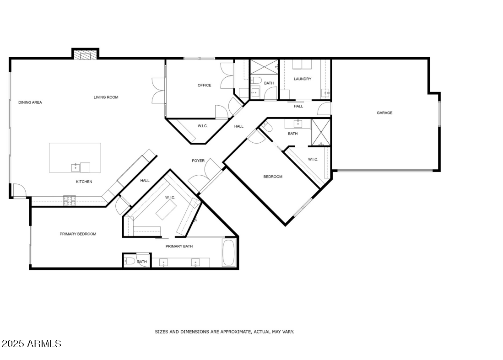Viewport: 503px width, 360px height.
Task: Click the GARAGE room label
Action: pyautogui.click(x=384, y=113)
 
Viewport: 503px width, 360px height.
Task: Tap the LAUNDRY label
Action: pyautogui.click(x=303, y=79)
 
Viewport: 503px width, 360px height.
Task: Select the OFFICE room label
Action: pyautogui.click(x=204, y=86)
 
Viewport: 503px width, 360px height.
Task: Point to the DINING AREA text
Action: pyautogui.click(x=30, y=102)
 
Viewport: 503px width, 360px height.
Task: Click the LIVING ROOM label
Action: pyautogui.click(x=106, y=97)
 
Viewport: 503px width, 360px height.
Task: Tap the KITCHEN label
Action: pyautogui.click(x=84, y=182)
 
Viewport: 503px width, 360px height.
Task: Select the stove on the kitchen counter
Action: pyautogui.click(x=69, y=200)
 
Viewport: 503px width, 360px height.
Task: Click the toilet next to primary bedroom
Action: pyautogui.click(x=130, y=261)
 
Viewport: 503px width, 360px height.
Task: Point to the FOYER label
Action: pyautogui.click(x=198, y=161)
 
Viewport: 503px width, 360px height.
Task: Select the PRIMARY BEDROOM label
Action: pyautogui.click(x=78, y=234)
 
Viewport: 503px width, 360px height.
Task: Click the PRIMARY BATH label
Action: pyautogui.click(x=179, y=247)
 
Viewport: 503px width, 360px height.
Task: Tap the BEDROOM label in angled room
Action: pyautogui.click(x=273, y=177)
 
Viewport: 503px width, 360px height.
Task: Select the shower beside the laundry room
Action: pyautogui.click(x=264, y=67)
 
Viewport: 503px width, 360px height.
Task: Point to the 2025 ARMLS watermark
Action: pyautogui.click(x=31, y=344)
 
